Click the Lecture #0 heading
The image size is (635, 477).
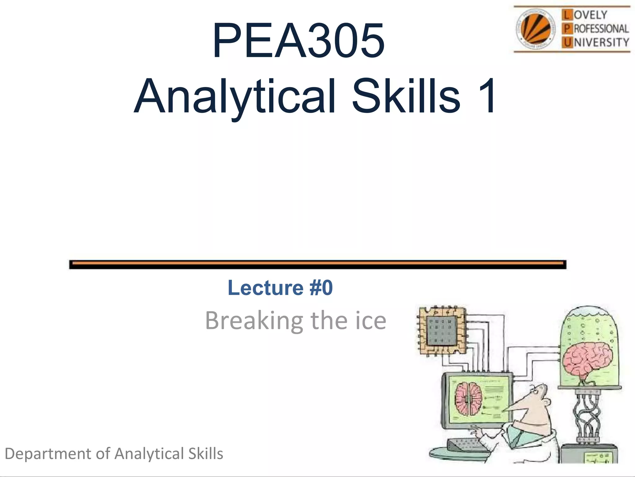coord(280,288)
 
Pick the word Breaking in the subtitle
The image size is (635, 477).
coord(254,320)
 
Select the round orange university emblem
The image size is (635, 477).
coord(535,29)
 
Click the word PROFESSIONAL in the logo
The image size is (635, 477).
coord(601,29)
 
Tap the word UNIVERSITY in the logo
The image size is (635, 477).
coord(601,42)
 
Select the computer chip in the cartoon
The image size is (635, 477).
coord(442,330)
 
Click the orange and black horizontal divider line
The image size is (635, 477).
coord(317,265)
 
